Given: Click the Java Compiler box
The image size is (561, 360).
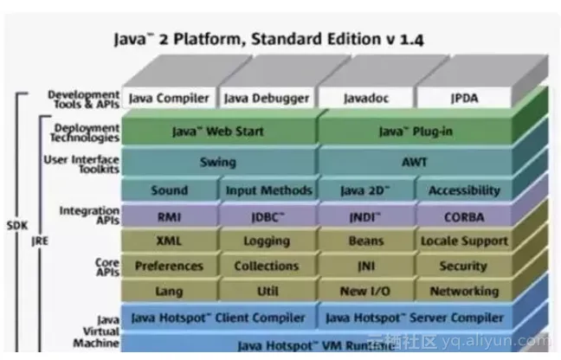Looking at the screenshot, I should tap(170, 99).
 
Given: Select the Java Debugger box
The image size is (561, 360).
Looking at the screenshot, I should tap(267, 99).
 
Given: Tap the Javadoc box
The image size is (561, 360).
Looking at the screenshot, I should tap(364, 99).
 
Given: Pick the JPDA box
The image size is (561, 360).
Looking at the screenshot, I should tap(463, 99).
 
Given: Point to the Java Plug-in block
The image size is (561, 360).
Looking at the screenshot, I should tap(414, 132).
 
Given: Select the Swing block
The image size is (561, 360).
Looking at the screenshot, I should tap(217, 161).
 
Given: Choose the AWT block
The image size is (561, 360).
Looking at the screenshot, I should tap(414, 161).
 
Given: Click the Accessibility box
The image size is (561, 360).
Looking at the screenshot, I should tap(463, 190).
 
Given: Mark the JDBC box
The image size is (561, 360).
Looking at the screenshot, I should tap(267, 216).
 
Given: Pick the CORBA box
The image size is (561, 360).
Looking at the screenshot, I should tap(463, 216).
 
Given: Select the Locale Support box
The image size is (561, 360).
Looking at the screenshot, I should tap(463, 241).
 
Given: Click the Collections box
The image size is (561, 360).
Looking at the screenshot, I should tap(267, 267).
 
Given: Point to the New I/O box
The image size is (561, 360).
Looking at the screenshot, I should tap(364, 292).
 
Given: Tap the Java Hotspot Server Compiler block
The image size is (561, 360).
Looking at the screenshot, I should tap(414, 318).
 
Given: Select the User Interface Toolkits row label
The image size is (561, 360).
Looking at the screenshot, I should tap(81, 164).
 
